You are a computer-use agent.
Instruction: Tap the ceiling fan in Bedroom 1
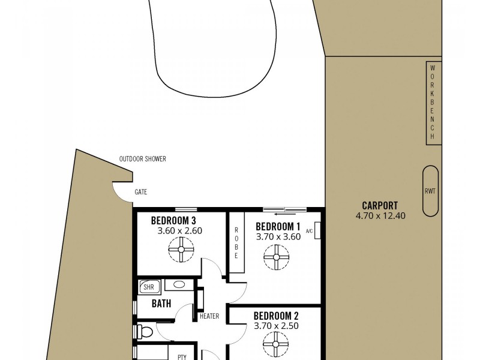[277, 257]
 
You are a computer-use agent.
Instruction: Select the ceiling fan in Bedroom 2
[277, 344]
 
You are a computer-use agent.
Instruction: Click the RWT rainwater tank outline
[430, 191]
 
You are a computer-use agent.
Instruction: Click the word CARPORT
[380, 205]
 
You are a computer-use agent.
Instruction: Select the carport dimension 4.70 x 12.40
[380, 215]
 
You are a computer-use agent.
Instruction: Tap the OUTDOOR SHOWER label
[142, 159]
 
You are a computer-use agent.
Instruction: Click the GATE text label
[141, 192]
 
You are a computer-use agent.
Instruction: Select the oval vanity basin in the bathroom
[178, 286]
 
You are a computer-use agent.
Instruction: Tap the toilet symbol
[145, 330]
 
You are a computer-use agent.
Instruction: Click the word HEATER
[209, 316]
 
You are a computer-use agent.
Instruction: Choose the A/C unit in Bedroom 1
[317, 231]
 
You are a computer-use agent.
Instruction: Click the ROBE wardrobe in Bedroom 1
[236, 243]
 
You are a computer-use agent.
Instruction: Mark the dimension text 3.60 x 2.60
[180, 230]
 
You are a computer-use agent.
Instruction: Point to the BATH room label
[161, 304]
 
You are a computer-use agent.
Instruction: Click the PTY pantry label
[182, 357]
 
